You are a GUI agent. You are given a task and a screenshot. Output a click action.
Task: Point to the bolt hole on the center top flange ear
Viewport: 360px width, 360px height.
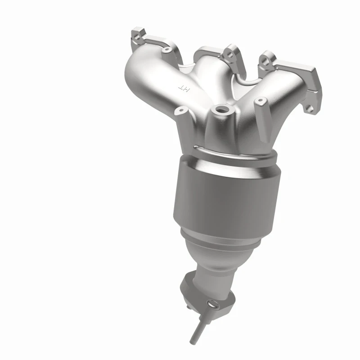[230, 53]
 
